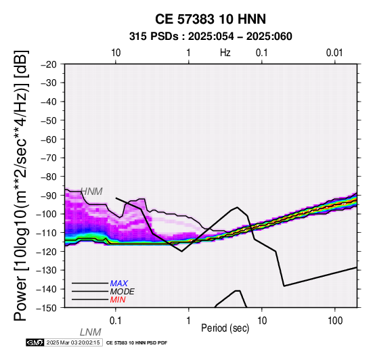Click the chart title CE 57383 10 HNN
click(211, 19)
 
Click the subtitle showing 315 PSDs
click(211, 37)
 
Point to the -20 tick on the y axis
click(49, 64)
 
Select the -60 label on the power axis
click(49, 139)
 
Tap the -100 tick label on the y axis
click(47, 215)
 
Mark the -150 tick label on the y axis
click(47, 308)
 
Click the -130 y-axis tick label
click(47, 271)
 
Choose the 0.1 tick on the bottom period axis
click(116, 321)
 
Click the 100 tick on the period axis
click(335, 321)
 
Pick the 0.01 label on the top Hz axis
click(334, 53)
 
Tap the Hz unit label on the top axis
click(225, 53)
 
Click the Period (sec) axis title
click(225, 328)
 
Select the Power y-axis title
click(21, 185)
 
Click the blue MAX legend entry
click(119, 284)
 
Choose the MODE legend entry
click(123, 292)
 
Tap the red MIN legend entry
click(118, 300)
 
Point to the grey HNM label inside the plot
click(91, 192)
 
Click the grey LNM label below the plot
click(91, 332)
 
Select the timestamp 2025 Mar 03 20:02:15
click(73, 343)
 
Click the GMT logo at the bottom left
click(35, 343)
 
